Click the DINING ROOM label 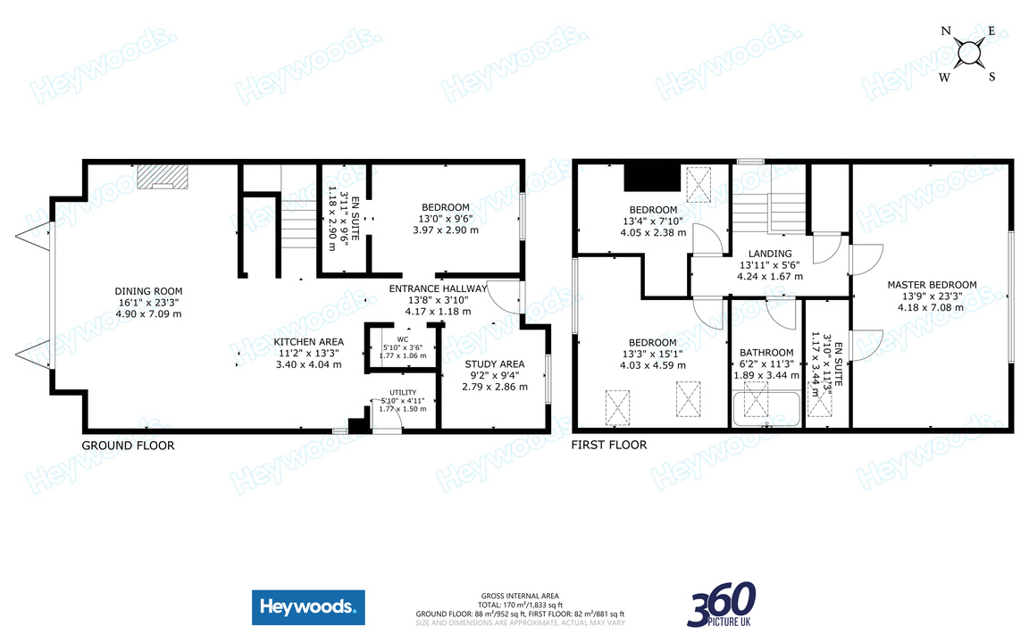148,291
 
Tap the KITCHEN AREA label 308,342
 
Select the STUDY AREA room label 495,364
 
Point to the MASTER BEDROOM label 932,286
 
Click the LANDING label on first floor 770,254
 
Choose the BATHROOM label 766,353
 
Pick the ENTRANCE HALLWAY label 438,288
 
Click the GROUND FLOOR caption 128,446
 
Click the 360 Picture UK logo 722,605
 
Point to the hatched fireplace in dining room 163,176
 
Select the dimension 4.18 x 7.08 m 932,308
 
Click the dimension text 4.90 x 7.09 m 148,314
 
